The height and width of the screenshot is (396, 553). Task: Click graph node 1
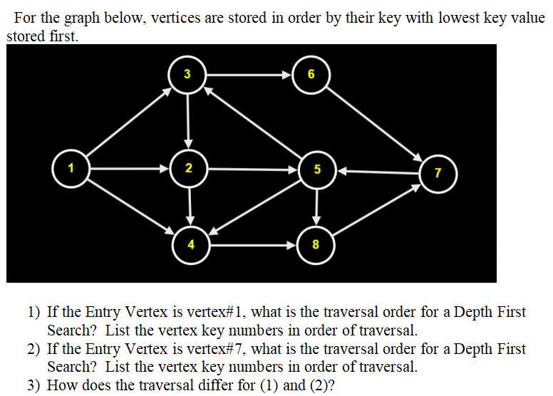(x=70, y=170)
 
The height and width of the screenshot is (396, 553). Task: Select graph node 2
(x=188, y=170)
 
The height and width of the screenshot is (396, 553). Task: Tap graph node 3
(x=187, y=73)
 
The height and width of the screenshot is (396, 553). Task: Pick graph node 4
(x=190, y=246)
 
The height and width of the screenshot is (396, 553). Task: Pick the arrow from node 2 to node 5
(x=252, y=170)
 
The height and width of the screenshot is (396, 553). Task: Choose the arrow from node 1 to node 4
(x=130, y=207)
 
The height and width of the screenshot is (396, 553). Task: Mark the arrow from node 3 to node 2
(x=187, y=121)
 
